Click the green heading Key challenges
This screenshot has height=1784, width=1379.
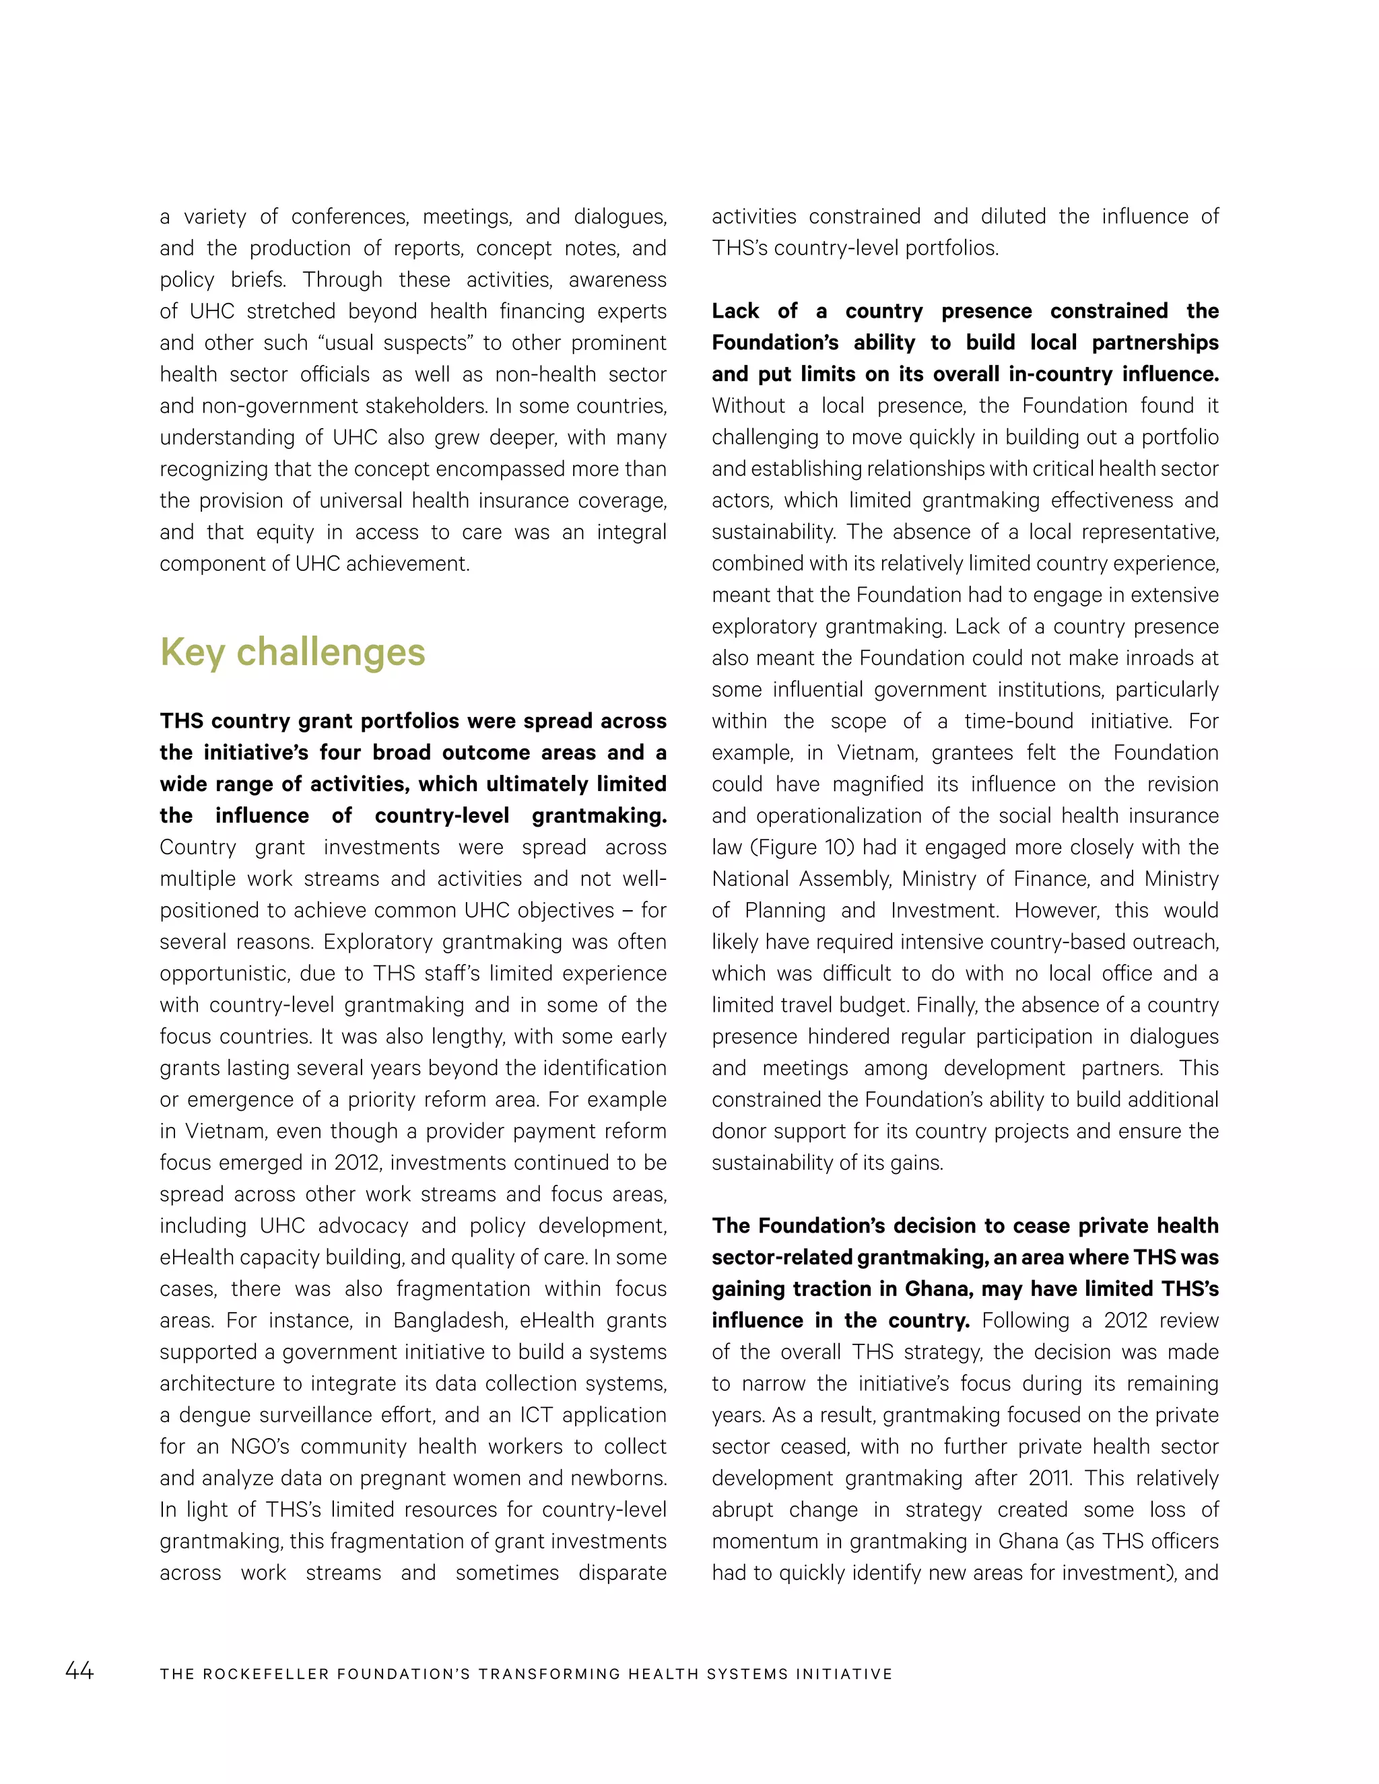click(292, 652)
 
